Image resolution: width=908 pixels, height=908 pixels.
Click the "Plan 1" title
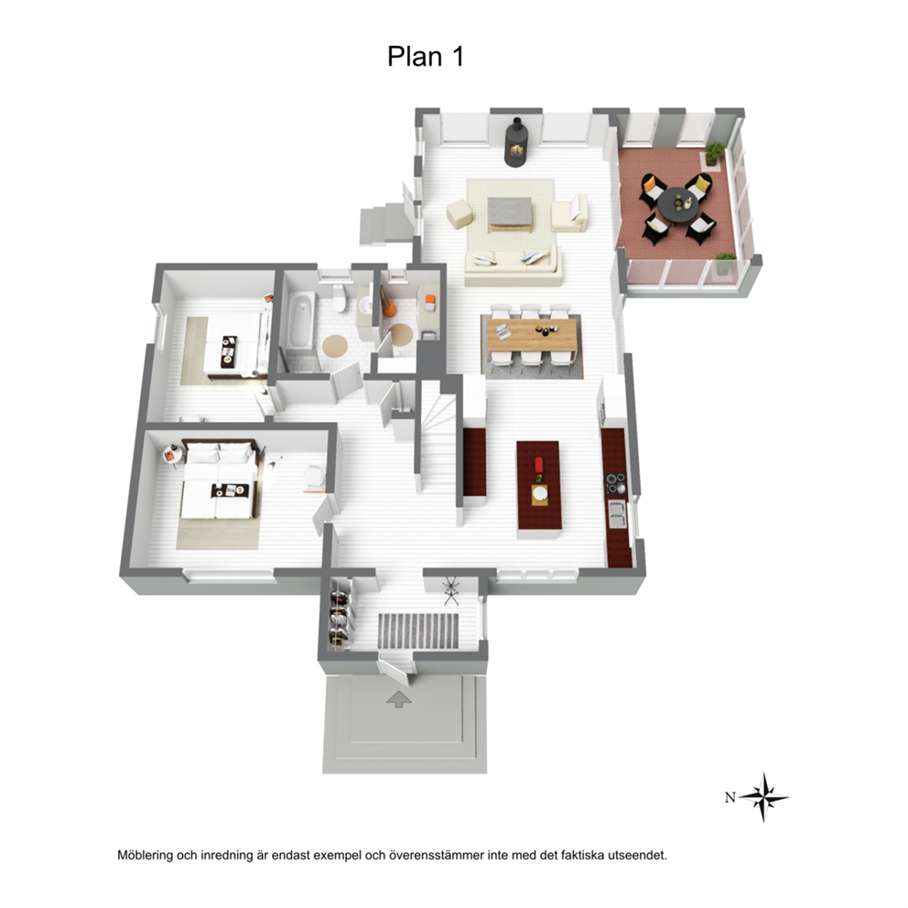click(426, 56)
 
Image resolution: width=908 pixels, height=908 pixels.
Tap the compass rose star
click(763, 797)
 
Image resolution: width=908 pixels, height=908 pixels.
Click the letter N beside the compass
click(730, 797)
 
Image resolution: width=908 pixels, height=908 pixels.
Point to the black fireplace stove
click(514, 143)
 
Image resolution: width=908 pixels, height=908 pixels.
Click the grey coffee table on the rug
click(510, 213)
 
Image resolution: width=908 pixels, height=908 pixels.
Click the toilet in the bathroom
click(340, 297)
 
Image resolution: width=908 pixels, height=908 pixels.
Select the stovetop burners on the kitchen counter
click(615, 484)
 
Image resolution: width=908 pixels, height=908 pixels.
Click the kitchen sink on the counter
click(617, 514)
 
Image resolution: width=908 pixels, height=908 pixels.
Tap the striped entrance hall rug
click(418, 632)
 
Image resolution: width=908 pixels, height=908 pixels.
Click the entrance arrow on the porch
click(399, 699)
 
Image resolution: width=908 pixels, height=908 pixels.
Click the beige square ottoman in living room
click(459, 213)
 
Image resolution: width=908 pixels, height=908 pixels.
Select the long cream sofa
click(513, 267)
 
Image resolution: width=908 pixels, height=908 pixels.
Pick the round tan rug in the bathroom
click(335, 346)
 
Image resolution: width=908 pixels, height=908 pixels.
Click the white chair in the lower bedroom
click(315, 477)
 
